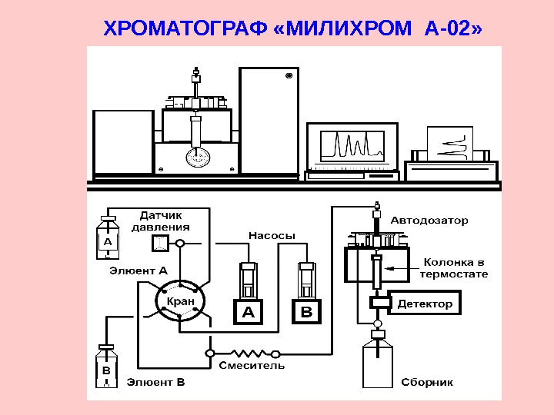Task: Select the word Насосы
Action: (271, 235)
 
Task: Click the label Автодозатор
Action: (429, 221)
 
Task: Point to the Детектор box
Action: (425, 304)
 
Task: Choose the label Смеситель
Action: (252, 365)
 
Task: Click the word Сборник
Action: (427, 382)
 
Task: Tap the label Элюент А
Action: (138, 271)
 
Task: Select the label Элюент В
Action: (156, 381)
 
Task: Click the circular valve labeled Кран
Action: (181, 301)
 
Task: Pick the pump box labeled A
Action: (249, 312)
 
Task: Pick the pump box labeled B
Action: (306, 312)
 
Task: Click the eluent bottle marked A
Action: (108, 241)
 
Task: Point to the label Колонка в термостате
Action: (453, 268)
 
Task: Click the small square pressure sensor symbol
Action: (160, 244)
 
